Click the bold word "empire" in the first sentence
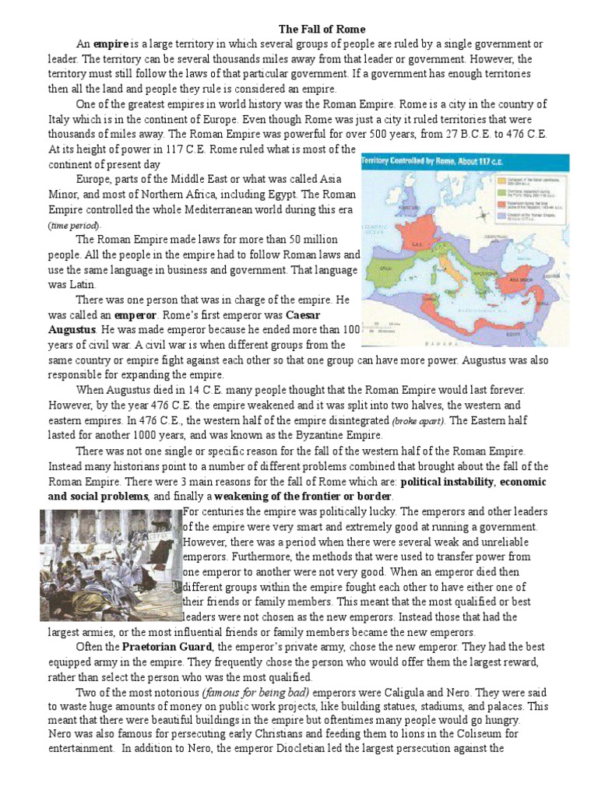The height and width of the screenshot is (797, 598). click(x=110, y=44)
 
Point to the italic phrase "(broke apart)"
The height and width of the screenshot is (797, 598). click(x=420, y=421)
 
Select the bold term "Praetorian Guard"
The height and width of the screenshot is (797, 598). click(x=160, y=647)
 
